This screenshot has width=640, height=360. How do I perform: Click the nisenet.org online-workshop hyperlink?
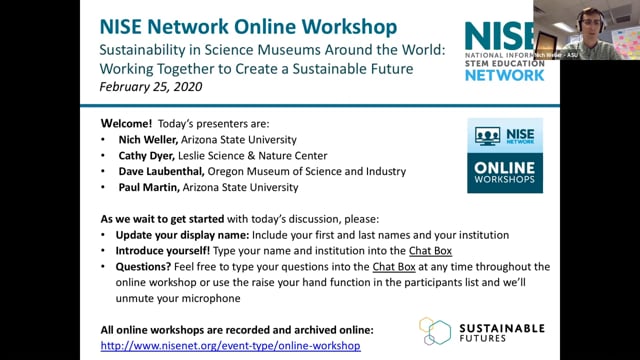pyautogui.click(x=230, y=346)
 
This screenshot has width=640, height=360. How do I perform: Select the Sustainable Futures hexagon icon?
pyautogui.click(x=434, y=333)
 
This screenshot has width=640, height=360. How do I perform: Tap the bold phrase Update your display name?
pyautogui.click(x=172, y=234)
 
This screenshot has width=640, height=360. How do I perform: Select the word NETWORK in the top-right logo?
pyautogui.click(x=504, y=74)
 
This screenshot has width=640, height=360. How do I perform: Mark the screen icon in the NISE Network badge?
pyautogui.click(x=488, y=137)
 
